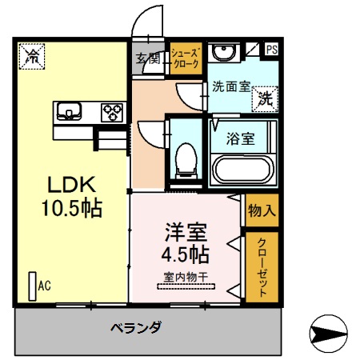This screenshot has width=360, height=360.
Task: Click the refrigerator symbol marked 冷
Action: pyautogui.click(x=33, y=55)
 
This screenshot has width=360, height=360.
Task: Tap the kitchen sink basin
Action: pyautogui.click(x=66, y=110)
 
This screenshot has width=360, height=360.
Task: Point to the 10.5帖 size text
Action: pyautogui.click(x=71, y=210)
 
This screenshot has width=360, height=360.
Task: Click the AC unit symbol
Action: pyautogui.click(x=33, y=285)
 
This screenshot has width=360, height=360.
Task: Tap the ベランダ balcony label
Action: pyautogui.click(x=136, y=327)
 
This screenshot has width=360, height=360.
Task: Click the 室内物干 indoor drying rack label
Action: pyautogui.click(x=186, y=277)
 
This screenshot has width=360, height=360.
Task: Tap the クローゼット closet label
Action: pyautogui.click(x=258, y=266)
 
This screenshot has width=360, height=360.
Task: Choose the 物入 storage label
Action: pyautogui.click(x=261, y=211)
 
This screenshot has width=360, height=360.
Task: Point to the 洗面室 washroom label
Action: pyautogui.click(x=231, y=86)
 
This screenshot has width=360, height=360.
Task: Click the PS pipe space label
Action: pyautogui.click(x=272, y=49)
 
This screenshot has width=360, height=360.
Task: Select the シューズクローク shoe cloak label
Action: pyautogui.click(x=185, y=58)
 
